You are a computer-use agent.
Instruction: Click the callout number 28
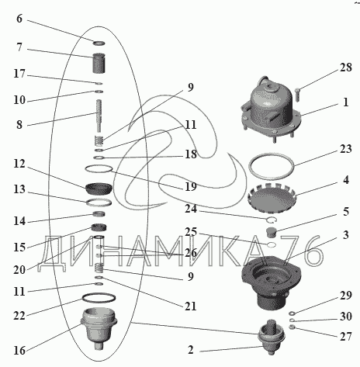pos(346,68)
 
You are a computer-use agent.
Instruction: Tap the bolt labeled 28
pos(297,95)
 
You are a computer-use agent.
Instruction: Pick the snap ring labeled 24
pos(272,220)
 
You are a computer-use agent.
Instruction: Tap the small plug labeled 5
pos(272,232)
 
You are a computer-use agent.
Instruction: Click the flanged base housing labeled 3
pos(271,282)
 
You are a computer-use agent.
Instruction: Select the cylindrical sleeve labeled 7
pos(99,63)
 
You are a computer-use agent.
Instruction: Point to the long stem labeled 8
pos(99,116)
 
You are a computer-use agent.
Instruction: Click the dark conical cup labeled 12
pos(99,189)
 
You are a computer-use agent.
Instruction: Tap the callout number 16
pos(19,351)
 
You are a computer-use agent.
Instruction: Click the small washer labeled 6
pos(99,43)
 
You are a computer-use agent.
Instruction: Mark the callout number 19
pos(191,186)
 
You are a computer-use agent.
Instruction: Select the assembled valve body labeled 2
pos(272,337)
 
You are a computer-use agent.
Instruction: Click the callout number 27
pos(346,337)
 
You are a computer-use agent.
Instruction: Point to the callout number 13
pos(19,189)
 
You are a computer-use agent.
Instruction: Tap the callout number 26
pos(191,253)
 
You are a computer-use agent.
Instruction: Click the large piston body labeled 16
pos(99,328)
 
